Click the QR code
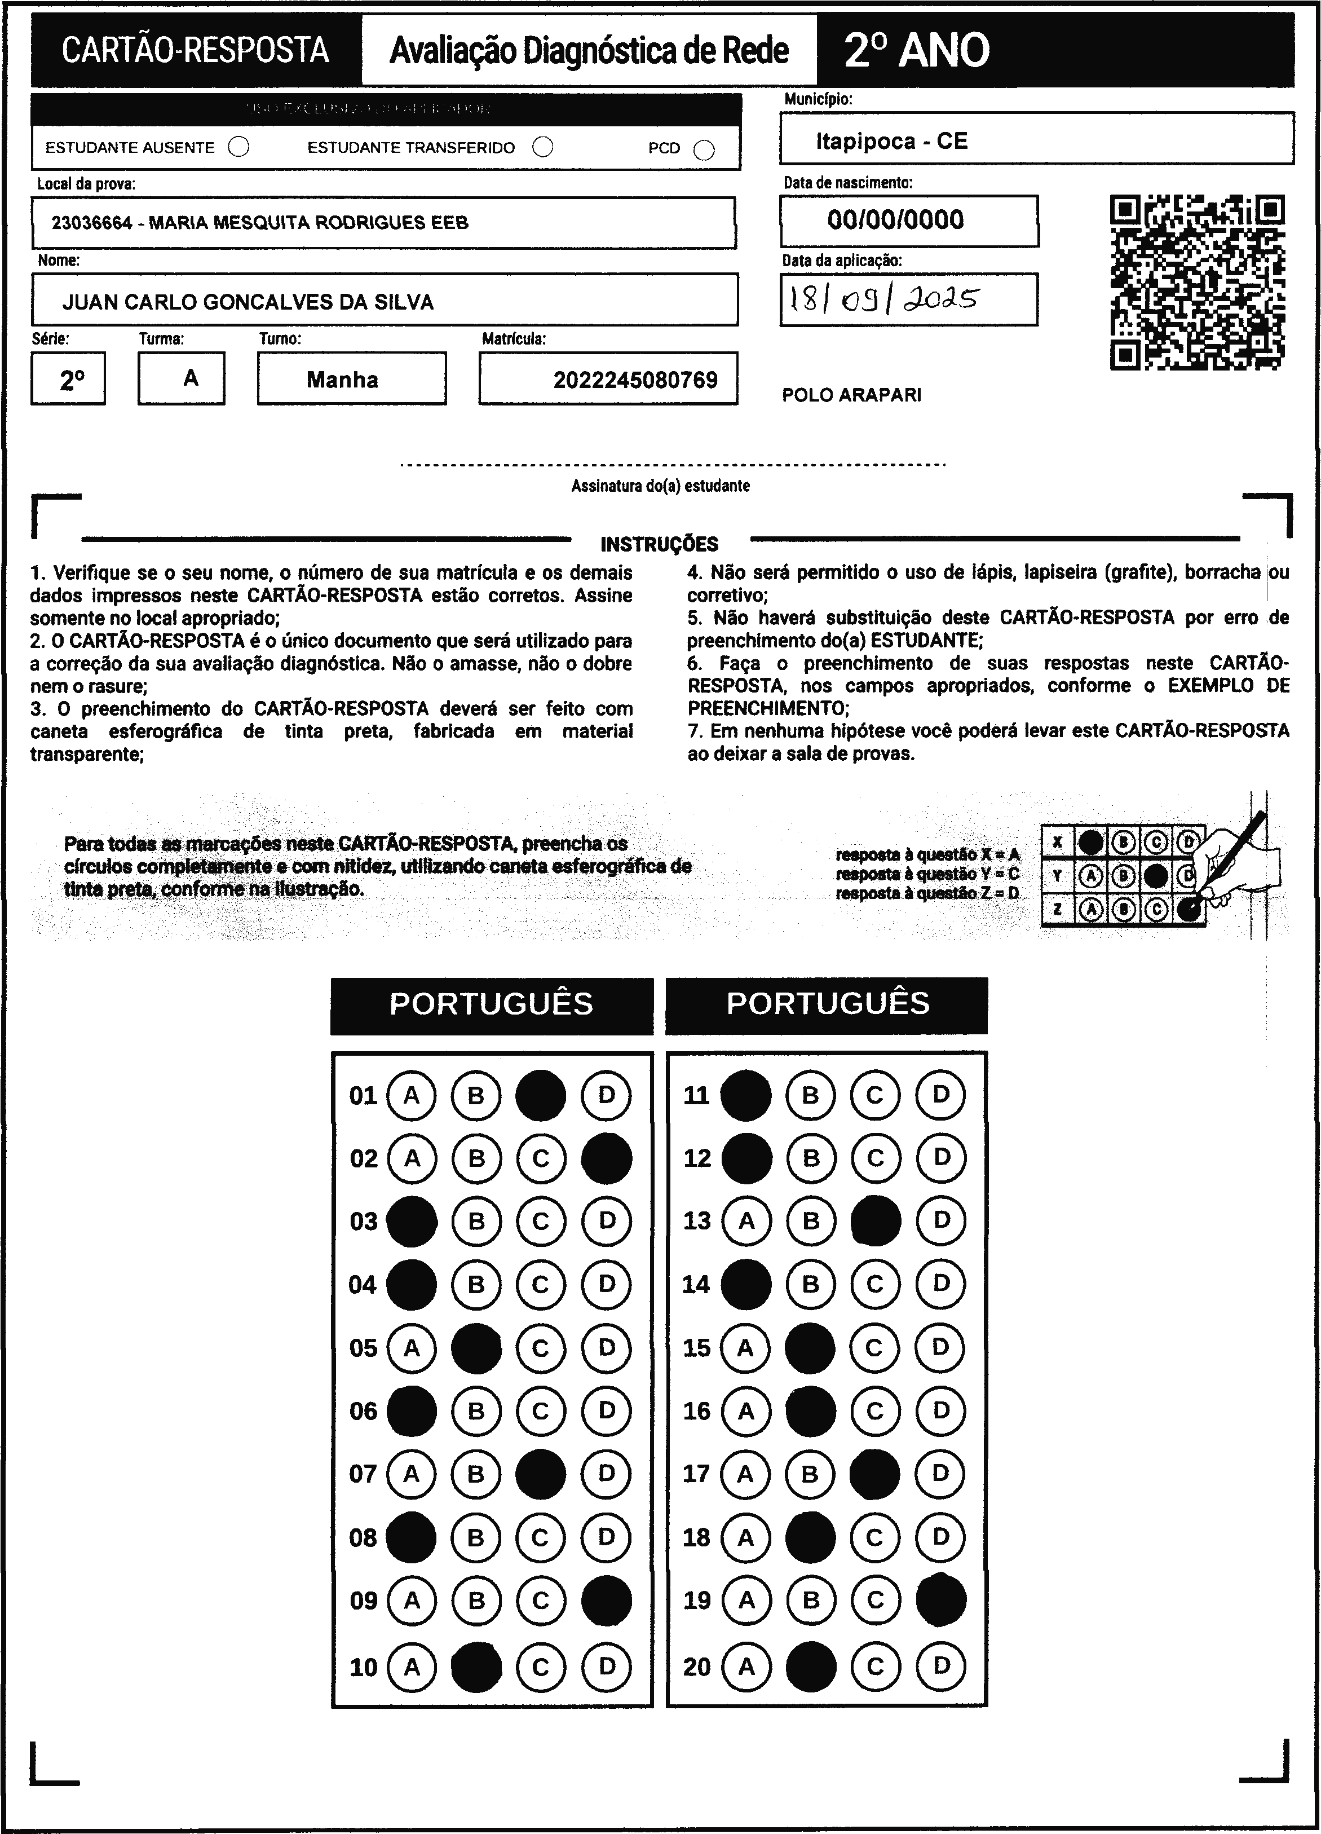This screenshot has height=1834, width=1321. click(x=1198, y=282)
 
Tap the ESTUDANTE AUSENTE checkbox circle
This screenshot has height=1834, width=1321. click(x=238, y=147)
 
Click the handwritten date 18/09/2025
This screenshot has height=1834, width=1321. click(x=883, y=300)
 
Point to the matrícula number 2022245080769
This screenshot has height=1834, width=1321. click(x=635, y=380)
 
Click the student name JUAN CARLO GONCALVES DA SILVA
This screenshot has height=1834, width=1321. click(x=248, y=302)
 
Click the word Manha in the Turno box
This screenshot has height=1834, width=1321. click(x=342, y=380)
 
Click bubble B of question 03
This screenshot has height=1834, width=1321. click(x=476, y=1221)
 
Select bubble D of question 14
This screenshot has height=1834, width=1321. click(x=941, y=1284)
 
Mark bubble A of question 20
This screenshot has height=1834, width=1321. click(x=745, y=1666)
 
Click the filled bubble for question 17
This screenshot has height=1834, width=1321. click(x=874, y=1474)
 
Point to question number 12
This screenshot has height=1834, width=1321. click(x=697, y=1158)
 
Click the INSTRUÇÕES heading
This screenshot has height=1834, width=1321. click(x=659, y=544)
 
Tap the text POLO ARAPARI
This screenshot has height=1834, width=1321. click(x=851, y=395)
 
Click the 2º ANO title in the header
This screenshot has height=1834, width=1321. click(x=916, y=50)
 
